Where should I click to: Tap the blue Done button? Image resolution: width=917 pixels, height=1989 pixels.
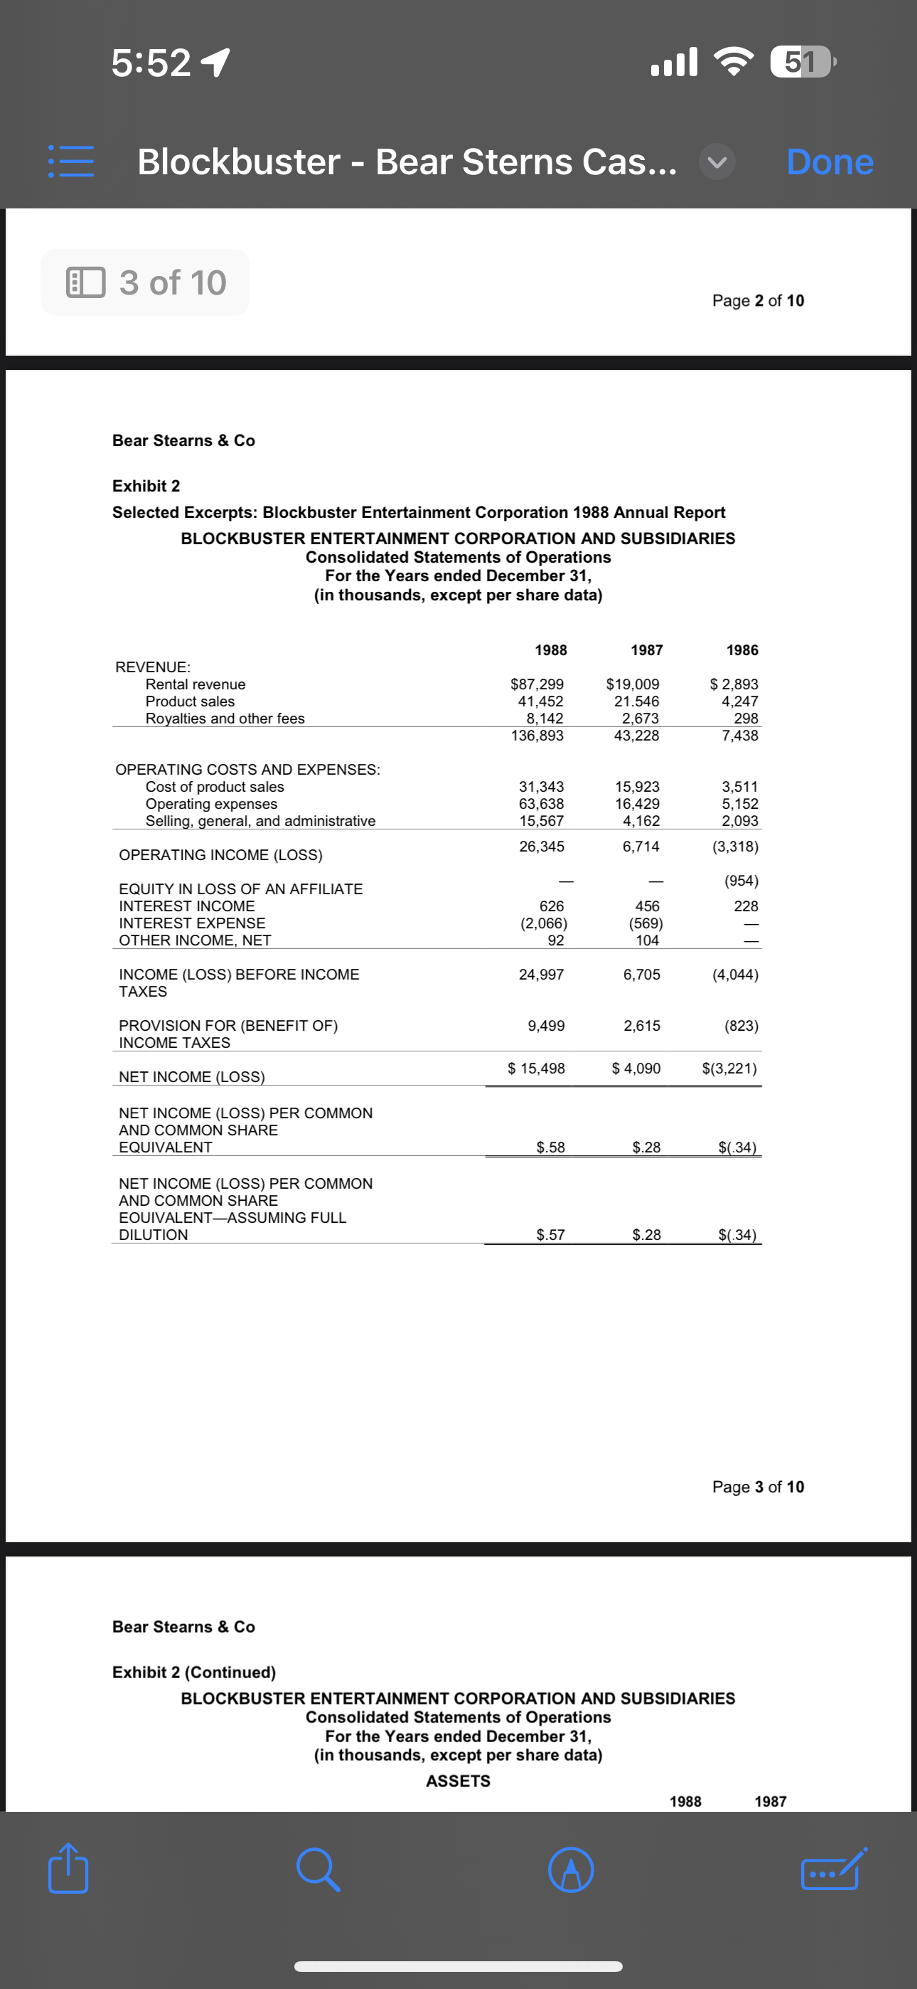pyautogui.click(x=830, y=162)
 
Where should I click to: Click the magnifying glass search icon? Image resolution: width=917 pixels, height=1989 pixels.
pyautogui.click(x=318, y=1869)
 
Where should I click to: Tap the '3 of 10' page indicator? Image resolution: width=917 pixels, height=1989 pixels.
pyautogui.click(x=146, y=282)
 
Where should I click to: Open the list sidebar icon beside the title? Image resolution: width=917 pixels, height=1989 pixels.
pyautogui.click(x=71, y=162)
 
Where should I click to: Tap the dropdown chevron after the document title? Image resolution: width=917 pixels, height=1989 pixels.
pyautogui.click(x=717, y=162)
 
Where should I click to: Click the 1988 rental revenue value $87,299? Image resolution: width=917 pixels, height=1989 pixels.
pyautogui.click(x=537, y=684)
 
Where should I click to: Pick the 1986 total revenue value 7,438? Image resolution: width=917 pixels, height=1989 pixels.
pyautogui.click(x=739, y=735)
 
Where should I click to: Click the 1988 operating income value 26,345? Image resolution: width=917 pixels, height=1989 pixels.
pyautogui.click(x=541, y=847)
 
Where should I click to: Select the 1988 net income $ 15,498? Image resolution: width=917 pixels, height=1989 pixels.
pyautogui.click(x=537, y=1068)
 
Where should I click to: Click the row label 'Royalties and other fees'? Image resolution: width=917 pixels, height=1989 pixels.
pyautogui.click(x=225, y=718)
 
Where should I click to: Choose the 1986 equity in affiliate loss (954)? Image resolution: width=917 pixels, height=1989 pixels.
pyautogui.click(x=740, y=881)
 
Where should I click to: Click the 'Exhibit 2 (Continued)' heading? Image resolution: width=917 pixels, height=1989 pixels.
pyautogui.click(x=194, y=1672)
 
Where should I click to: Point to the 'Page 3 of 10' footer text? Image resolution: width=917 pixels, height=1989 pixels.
pyautogui.click(x=757, y=1486)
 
